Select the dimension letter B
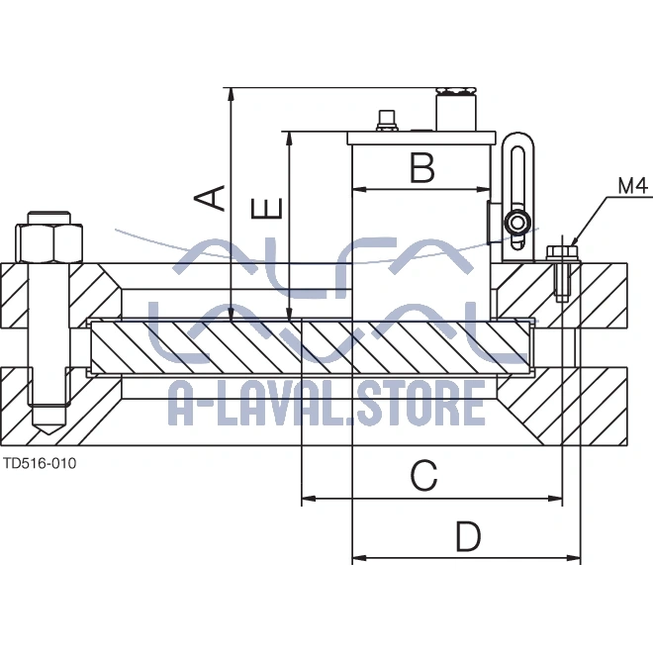click(x=422, y=168)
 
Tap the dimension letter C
click(x=423, y=477)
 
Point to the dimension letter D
click(x=468, y=537)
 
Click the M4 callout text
click(x=632, y=185)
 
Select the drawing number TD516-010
click(x=40, y=462)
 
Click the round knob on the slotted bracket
click(x=516, y=222)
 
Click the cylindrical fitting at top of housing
click(x=454, y=110)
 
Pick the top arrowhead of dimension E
click(x=289, y=136)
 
